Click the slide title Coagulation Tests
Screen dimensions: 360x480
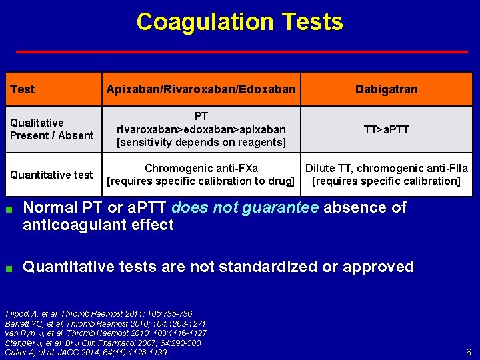[239, 22]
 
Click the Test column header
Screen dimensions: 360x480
[23, 89]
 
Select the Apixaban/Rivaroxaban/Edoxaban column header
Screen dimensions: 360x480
[201, 89]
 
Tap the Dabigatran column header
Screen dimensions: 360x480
[386, 89]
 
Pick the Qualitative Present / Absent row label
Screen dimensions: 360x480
[51, 129]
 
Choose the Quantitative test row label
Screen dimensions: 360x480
[51, 175]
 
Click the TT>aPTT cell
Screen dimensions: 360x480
[386, 129]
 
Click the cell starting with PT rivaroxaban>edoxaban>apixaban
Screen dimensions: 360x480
[201, 129]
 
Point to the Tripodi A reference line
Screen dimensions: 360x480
[99, 314]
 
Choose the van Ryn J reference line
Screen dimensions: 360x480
[105, 333]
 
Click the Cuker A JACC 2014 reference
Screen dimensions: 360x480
[85, 352]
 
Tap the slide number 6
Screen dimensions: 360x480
[469, 352]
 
